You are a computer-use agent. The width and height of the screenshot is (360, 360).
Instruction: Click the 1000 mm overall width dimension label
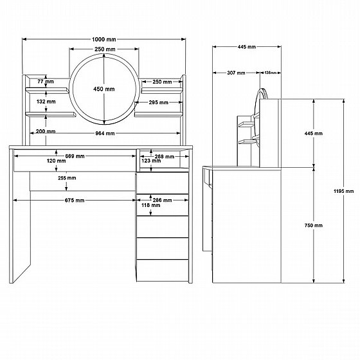tap(104, 39)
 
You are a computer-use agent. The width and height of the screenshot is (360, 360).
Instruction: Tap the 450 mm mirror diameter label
tap(104, 89)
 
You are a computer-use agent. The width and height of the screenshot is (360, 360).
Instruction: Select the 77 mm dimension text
tap(46, 82)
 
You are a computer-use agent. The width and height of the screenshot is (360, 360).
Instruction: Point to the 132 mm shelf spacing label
tap(46, 102)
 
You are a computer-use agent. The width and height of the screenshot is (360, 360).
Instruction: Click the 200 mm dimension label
tap(46, 132)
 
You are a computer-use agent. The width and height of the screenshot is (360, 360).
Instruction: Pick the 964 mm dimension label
tap(105, 134)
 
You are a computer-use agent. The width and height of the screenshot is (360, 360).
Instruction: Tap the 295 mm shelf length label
tap(158, 102)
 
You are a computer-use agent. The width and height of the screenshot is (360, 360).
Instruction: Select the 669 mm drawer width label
tap(75, 156)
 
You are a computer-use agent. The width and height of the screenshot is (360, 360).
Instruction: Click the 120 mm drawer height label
tap(57, 161)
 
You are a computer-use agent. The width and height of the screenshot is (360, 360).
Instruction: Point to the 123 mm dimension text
tap(151, 161)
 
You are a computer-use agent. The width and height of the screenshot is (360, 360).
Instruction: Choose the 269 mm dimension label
tap(165, 157)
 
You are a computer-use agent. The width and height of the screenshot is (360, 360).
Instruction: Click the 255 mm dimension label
tap(67, 178)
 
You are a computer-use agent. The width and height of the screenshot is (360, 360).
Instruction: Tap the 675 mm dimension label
tap(75, 201)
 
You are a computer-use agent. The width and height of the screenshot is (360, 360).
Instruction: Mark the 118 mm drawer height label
tap(151, 205)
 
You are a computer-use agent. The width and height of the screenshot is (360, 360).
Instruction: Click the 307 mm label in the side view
tap(237, 73)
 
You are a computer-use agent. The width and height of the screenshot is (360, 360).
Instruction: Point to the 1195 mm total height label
tap(344, 191)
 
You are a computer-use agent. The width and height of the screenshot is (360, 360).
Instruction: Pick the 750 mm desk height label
tap(314, 226)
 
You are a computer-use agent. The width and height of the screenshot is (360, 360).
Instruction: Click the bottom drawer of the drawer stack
tap(163, 271)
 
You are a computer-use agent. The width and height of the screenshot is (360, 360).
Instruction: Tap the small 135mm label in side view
tap(270, 73)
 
